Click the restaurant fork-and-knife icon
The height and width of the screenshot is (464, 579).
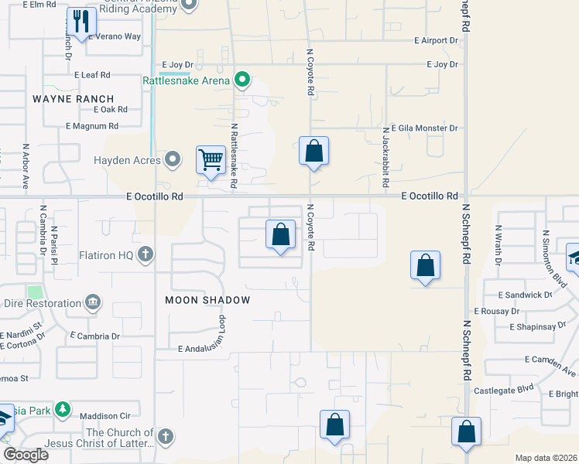[x=81, y=22]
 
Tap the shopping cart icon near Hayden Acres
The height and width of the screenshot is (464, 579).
[x=211, y=160]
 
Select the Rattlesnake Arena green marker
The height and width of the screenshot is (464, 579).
[x=242, y=80]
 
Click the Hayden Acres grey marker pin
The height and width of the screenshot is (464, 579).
[x=173, y=160]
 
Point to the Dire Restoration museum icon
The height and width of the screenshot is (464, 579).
[x=94, y=302]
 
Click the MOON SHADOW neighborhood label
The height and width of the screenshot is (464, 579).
[x=207, y=299]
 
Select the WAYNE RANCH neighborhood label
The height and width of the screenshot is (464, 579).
[x=74, y=99]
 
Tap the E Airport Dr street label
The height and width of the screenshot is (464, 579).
[x=437, y=40]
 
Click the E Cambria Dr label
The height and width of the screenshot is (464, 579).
[x=94, y=336]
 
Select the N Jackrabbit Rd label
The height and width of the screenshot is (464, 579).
[x=384, y=159]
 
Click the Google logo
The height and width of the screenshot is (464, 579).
[x=26, y=455]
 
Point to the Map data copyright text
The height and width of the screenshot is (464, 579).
[x=546, y=458]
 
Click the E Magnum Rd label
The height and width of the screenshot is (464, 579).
[x=92, y=125]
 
